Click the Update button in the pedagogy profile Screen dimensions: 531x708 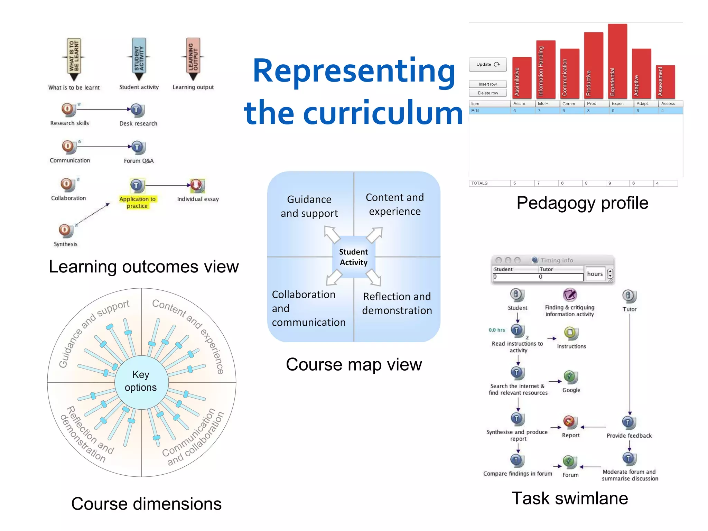pyautogui.click(x=487, y=64)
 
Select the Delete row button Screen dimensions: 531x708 pyautogui.click(x=487, y=93)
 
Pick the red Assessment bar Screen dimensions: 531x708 pyautogui.click(x=665, y=82)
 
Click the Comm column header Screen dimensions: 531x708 pyautogui.click(x=569, y=104)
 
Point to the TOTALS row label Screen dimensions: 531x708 pyautogui.click(x=480, y=183)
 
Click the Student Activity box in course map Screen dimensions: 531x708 pyautogui.click(x=353, y=257)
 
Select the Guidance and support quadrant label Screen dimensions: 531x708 pyautogui.click(x=309, y=206)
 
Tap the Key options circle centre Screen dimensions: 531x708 pyautogui.click(x=141, y=381)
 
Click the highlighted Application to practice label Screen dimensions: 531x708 pyautogui.click(x=137, y=203)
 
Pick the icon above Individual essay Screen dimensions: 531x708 pyautogui.click(x=197, y=186)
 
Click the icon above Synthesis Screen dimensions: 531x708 pyautogui.click(x=65, y=230)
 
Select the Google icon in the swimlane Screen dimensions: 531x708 pyautogui.click(x=570, y=377)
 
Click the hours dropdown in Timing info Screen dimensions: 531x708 pyautogui.click(x=610, y=274)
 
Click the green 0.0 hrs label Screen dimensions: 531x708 pyautogui.click(x=497, y=330)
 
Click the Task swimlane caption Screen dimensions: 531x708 pyautogui.click(x=569, y=498)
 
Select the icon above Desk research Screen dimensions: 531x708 pyautogui.click(x=137, y=110)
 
